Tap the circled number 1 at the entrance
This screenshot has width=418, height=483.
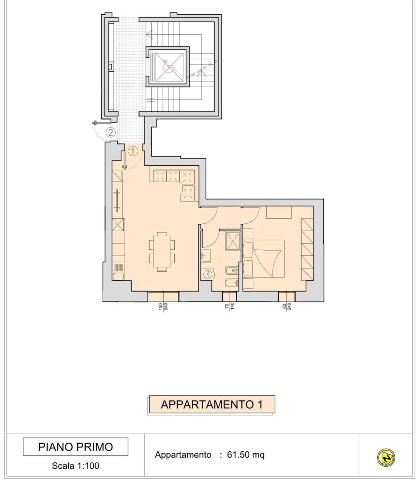pyautogui.click(x=133, y=151)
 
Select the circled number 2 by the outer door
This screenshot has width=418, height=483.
pyautogui.click(x=111, y=132)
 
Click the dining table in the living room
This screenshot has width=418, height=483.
pyautogui.click(x=162, y=251)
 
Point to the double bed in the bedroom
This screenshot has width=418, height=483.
pyautogui.click(x=264, y=258)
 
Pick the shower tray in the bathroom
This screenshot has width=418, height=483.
pyautogui.click(x=233, y=241)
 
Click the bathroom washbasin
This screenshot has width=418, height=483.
pyautogui.click(x=206, y=255)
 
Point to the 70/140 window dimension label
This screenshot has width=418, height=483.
pyautogui.click(x=229, y=306)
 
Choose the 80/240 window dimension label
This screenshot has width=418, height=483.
pyautogui.click(x=287, y=306)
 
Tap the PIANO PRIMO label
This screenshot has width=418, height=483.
pyautogui.click(x=75, y=447)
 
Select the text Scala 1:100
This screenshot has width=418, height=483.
pyautogui.click(x=75, y=466)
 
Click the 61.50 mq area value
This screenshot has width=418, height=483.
pyautogui.click(x=246, y=454)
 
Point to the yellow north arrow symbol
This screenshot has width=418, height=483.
pyautogui.click(x=386, y=457)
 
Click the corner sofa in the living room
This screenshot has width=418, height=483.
pyautogui.click(x=174, y=180)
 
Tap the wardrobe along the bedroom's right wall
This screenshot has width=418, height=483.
pyautogui.click(x=307, y=249)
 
